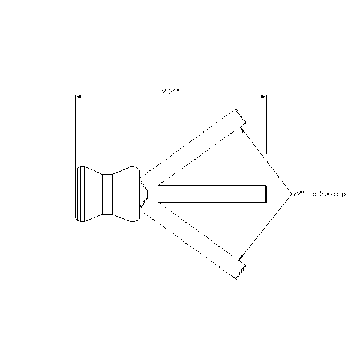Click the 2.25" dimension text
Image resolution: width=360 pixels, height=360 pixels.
pyautogui.click(x=170, y=92)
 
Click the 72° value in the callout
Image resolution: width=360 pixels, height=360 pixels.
pyautogui.click(x=298, y=194)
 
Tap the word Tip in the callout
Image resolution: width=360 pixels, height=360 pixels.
pyautogui.click(x=312, y=194)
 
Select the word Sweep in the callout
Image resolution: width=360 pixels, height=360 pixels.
pyautogui.click(x=332, y=194)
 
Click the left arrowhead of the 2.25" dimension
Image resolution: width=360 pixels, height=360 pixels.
pyautogui.click(x=78, y=97)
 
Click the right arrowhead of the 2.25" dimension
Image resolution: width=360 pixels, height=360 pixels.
pyautogui.click(x=263, y=97)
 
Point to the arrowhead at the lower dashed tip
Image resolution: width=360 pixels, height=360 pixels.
pyautogui.click(x=241, y=257)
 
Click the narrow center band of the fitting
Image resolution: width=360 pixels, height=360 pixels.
pyautogui.click(x=107, y=194)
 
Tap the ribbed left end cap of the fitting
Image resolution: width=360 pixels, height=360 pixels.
pyautogui.click(x=80, y=194)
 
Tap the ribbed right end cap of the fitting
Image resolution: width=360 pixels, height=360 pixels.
pyautogui.click(x=135, y=194)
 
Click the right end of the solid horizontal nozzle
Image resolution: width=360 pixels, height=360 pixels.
pyautogui.click(x=266, y=194)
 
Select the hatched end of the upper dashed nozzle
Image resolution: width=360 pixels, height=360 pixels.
pyautogui.click(x=241, y=117)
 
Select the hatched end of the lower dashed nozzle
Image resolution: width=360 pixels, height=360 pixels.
pyautogui.click(x=241, y=272)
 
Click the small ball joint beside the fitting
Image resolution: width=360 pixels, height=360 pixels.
pyautogui.click(x=143, y=194)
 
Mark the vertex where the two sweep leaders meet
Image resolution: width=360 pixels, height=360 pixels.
pyautogui.click(x=291, y=194)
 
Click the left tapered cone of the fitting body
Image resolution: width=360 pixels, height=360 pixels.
pyautogui.click(x=93, y=194)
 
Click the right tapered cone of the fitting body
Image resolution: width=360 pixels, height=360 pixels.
pyautogui.click(x=122, y=194)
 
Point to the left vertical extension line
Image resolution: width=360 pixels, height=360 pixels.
pyautogui.click(x=76, y=132)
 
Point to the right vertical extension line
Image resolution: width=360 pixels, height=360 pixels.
pyautogui.click(x=266, y=124)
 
